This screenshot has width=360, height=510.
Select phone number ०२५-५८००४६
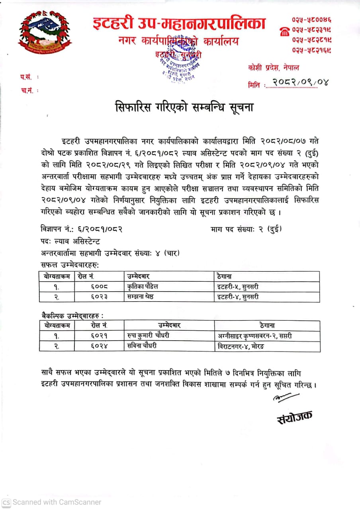(x=312, y=19)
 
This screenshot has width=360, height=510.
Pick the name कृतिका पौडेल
(x=143, y=286)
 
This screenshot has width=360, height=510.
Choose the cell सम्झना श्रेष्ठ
(x=140, y=296)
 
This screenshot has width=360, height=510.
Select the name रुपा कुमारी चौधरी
(x=149, y=336)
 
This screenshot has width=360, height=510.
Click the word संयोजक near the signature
(x=294, y=417)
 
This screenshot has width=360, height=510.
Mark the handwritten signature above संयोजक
(x=286, y=397)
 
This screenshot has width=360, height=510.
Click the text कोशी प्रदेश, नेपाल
(x=273, y=68)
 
